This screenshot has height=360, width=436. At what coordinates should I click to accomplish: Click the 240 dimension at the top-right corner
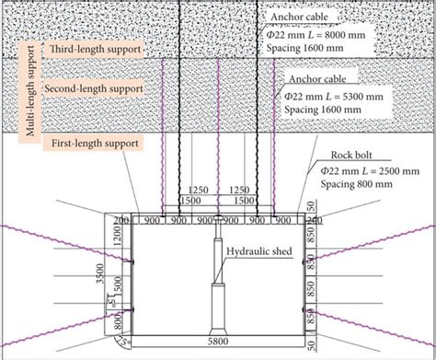313,220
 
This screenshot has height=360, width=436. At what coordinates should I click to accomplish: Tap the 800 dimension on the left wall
118,324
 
